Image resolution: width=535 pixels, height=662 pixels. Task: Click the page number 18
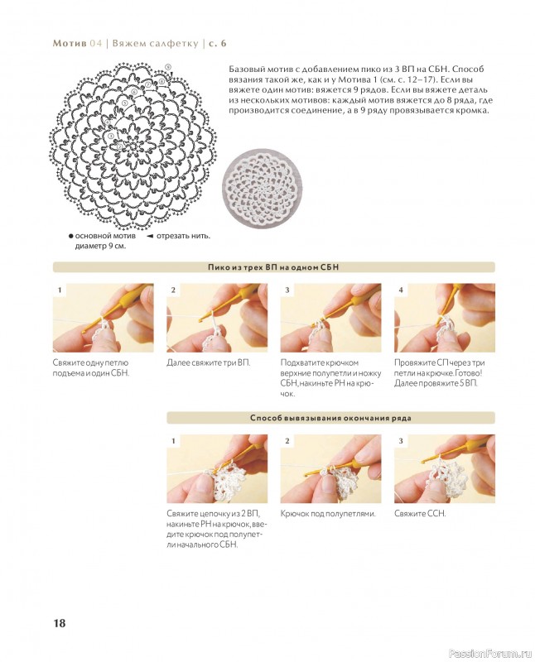(x=59, y=623)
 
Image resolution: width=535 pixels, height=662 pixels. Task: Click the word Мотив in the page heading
(x=70, y=44)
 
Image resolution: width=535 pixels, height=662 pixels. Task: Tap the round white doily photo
(x=262, y=188)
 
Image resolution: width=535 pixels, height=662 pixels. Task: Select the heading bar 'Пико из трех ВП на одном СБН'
(x=273, y=267)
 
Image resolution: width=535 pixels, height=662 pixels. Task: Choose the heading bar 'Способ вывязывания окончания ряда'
(x=330, y=418)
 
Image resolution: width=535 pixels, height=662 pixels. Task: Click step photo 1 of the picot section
(x=104, y=318)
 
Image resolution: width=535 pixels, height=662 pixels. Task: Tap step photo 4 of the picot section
(x=445, y=318)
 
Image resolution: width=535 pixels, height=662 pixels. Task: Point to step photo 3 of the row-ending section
(x=445, y=468)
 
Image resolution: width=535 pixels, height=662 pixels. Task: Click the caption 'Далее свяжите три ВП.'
(x=209, y=362)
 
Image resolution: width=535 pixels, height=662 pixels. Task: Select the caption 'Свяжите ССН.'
(x=420, y=513)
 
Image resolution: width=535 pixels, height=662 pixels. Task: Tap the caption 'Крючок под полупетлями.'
(x=328, y=513)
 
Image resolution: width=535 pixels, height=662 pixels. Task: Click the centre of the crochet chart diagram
(x=133, y=146)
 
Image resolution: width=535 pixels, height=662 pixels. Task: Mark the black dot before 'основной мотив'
(x=71, y=236)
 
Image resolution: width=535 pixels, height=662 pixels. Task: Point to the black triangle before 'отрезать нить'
(x=150, y=236)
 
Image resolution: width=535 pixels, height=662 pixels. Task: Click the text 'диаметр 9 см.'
(x=100, y=246)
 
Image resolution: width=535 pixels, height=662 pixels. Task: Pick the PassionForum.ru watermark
(x=490, y=654)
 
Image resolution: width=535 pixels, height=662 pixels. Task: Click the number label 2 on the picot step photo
(x=173, y=290)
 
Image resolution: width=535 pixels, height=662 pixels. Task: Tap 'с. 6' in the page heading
(x=218, y=44)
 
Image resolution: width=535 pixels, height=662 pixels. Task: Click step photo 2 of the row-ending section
(x=331, y=468)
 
